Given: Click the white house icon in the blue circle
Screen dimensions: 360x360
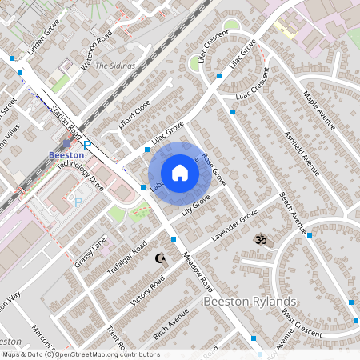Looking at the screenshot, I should [180, 173].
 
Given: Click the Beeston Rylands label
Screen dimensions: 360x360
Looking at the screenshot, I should [250, 301].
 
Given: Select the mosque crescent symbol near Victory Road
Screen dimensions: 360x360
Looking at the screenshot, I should [161, 258].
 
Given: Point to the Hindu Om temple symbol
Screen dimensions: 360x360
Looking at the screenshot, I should [259, 239].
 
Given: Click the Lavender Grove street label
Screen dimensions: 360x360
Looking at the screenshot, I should [234, 226].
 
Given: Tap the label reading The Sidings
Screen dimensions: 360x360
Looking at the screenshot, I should [115, 66].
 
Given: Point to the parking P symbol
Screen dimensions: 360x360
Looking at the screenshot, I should [78, 202].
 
